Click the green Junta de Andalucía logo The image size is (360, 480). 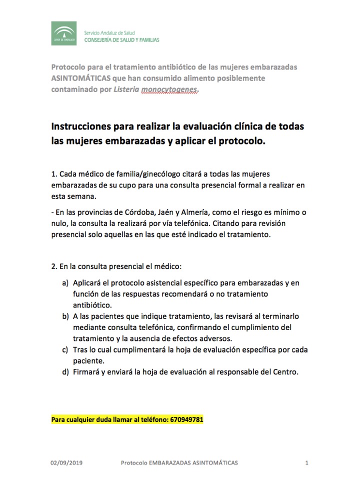click(x=63, y=33)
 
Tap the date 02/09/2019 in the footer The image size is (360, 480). click(x=66, y=463)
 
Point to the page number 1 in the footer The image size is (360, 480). click(x=306, y=463)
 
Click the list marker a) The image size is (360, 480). click(x=65, y=283)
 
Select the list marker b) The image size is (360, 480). click(x=65, y=316)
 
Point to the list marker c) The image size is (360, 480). click(x=65, y=349)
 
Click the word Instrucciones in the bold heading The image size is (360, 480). click(x=84, y=126)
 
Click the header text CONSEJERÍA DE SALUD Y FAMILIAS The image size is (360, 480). click(x=121, y=39)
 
